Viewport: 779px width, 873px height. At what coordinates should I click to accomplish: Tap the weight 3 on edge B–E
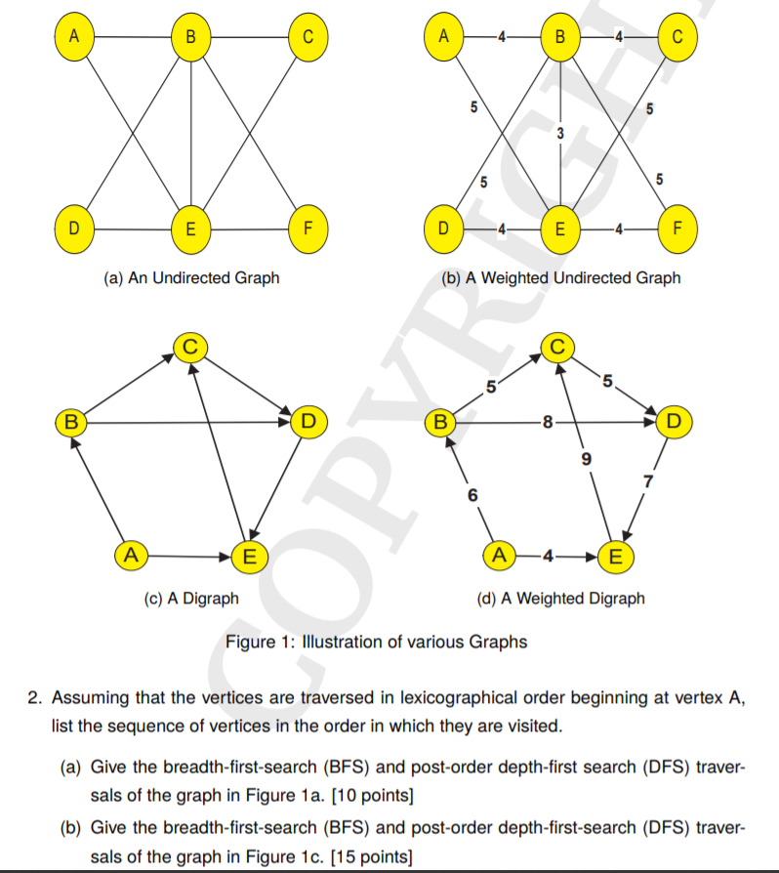point(560,134)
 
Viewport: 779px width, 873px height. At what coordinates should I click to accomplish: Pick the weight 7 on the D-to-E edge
point(645,478)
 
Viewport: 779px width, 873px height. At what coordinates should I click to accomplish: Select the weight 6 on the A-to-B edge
point(472,495)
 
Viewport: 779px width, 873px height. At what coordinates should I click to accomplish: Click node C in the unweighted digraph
point(191,345)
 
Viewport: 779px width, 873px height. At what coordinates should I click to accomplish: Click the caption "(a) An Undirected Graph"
point(191,278)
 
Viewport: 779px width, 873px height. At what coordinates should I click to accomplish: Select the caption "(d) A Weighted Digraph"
point(559,598)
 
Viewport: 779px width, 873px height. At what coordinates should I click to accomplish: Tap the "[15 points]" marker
point(371,857)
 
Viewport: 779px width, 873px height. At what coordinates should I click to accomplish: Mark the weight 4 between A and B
point(501,38)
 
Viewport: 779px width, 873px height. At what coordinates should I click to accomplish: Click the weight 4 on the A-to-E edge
point(548,558)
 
